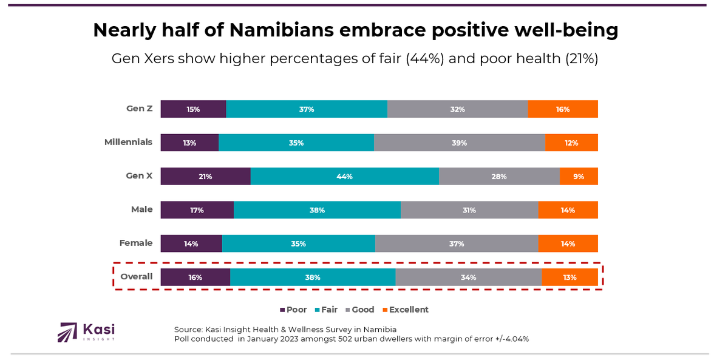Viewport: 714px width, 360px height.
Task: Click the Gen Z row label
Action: tap(139, 109)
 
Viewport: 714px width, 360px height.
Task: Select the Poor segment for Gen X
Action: tap(205, 176)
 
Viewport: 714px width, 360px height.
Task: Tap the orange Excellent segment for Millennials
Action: tap(571, 143)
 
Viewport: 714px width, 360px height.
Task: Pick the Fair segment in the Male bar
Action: tap(317, 210)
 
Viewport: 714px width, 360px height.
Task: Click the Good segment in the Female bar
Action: tap(457, 243)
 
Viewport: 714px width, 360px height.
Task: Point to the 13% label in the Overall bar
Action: tap(569, 277)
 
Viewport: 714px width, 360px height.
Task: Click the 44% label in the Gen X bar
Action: tap(345, 176)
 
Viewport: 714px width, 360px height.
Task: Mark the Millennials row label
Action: tap(128, 143)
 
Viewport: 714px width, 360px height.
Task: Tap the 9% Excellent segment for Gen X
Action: tap(579, 176)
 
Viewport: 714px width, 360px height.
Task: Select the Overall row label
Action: tap(136, 277)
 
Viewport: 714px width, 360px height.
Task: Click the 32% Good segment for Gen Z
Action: tap(457, 109)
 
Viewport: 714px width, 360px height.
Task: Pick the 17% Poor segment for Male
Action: tap(197, 210)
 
